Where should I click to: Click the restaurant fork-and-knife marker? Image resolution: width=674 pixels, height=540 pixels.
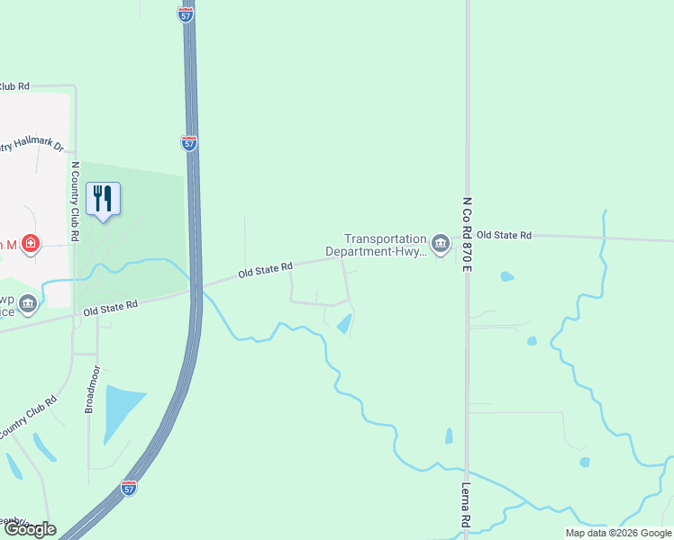coord(104,198)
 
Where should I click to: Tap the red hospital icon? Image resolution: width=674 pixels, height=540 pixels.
coord(31,244)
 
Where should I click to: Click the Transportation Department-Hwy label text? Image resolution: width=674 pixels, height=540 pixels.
coord(386,246)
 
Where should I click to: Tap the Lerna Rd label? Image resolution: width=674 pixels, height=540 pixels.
coord(466,505)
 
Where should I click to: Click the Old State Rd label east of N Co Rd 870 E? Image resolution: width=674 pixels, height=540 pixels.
coord(504,235)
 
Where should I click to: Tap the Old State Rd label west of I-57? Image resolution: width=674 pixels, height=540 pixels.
coord(110,308)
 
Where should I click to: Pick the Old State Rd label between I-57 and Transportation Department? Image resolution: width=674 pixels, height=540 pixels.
coord(266,268)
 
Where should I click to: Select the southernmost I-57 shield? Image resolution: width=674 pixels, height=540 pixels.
coord(130,488)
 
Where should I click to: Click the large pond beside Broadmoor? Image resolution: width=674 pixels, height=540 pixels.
coord(123,409)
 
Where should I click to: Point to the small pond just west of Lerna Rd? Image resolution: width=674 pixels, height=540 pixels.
coord(449,436)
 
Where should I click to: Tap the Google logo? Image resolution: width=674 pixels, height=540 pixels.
coord(29,529)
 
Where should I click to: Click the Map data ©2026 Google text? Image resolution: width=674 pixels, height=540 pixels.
coord(616,533)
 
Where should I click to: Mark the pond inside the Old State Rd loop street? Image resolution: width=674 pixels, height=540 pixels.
coord(344,323)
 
